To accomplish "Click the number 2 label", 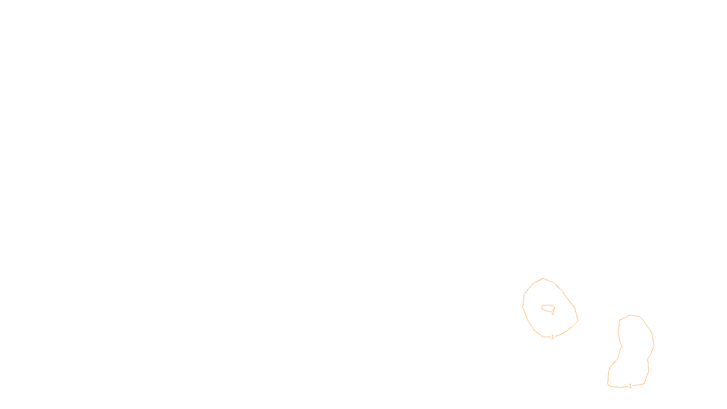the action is (x=553, y=313).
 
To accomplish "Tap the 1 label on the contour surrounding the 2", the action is (x=553, y=337).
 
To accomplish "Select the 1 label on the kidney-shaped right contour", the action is (x=630, y=386).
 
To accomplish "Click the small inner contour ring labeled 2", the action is (x=548, y=305).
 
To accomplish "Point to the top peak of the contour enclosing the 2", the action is (x=543, y=279).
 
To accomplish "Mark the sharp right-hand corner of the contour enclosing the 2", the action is (x=578, y=321).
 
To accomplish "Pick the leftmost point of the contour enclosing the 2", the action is (x=523, y=307).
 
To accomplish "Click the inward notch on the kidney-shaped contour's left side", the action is (x=622, y=346).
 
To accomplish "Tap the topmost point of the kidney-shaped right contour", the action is (x=630, y=315).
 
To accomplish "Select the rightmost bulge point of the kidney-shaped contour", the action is (x=654, y=345).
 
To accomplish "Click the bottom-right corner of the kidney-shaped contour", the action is (x=644, y=384).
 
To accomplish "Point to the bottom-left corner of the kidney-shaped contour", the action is (x=608, y=384).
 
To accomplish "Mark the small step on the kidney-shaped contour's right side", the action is (x=648, y=358).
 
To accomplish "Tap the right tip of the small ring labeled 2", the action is (x=555, y=307).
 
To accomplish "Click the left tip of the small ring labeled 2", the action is (x=541, y=307).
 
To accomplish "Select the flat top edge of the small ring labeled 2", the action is (x=548, y=305).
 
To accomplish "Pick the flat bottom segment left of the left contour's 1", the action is (x=547, y=337).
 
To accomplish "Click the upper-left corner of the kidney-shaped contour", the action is (x=620, y=320).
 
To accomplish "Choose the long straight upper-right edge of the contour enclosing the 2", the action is (x=568, y=299).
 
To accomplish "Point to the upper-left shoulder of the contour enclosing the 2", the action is (x=533, y=284).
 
